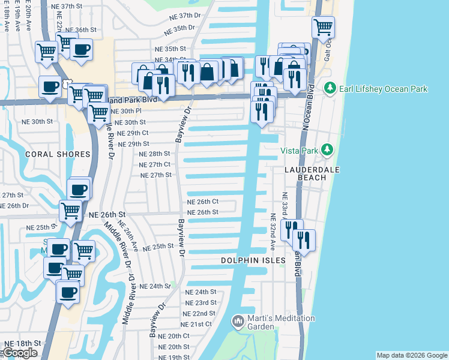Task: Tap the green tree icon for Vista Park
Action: coord(327,149)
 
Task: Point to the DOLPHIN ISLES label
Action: coord(247,260)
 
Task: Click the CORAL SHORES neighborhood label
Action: coord(58,154)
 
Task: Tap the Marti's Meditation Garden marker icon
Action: coord(238,322)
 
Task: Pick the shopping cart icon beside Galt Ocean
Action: coord(323,27)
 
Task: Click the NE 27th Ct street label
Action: coord(155,164)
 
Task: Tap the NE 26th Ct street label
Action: coord(202,202)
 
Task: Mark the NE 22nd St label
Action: coord(200,314)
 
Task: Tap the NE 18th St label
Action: coord(22,343)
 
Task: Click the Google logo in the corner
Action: coord(20,353)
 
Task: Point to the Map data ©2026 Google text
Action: coord(411,355)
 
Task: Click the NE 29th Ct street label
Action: coord(133,133)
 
